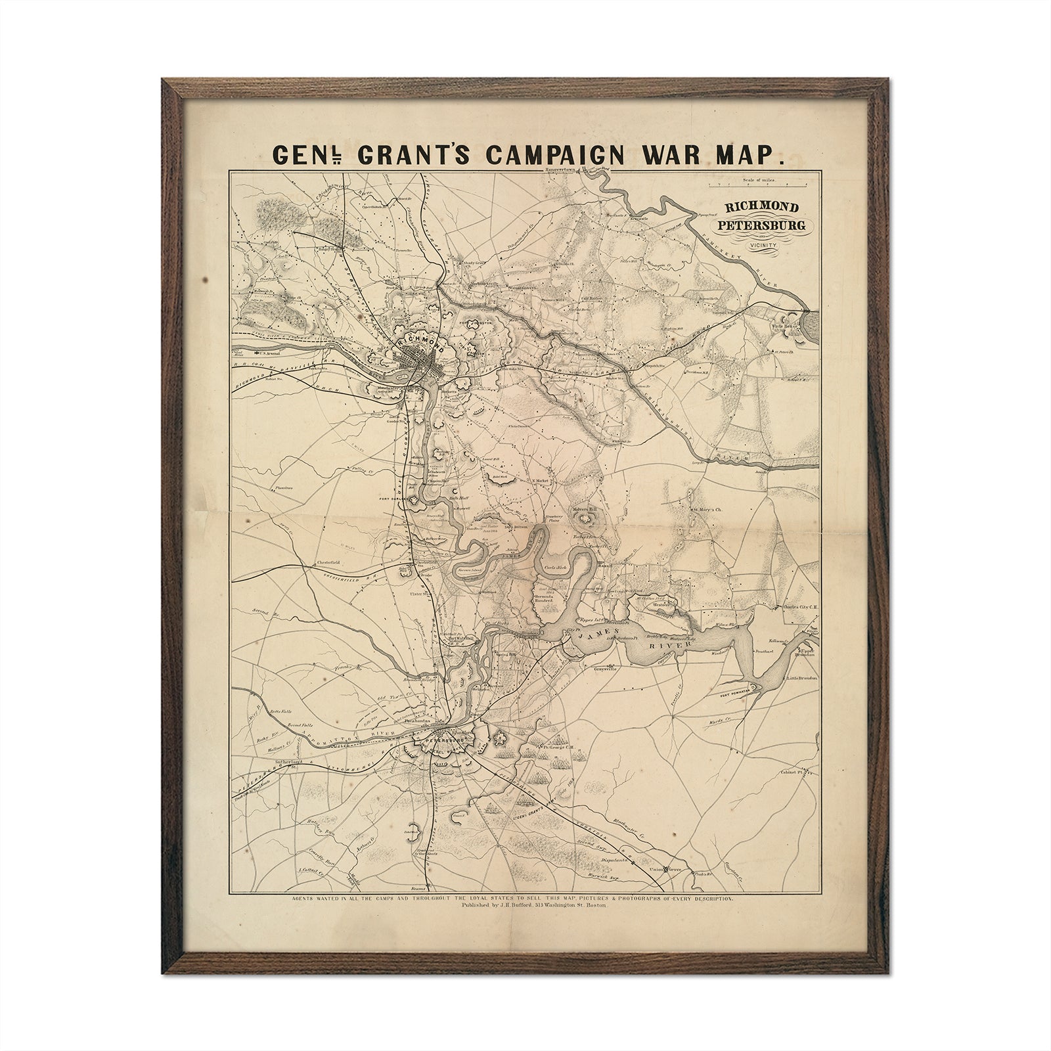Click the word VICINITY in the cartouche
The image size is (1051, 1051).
[761, 244]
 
